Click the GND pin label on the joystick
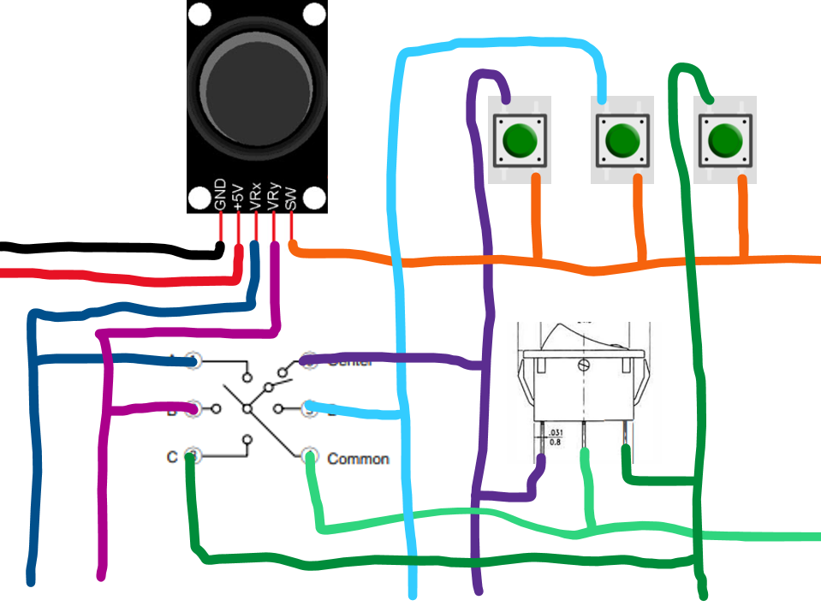coord(220,195)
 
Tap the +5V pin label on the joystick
coord(238,195)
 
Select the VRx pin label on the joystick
coord(256,195)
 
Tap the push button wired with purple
coord(518,139)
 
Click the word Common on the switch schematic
coord(358,459)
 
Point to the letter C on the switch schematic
coord(172,457)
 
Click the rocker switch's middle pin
coord(585,437)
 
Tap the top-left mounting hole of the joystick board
coord(198,14)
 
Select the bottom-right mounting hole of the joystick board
coord(315,199)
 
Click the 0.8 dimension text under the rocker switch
coord(555,442)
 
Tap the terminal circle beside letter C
coord(193,455)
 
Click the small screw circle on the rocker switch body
coord(584,365)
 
